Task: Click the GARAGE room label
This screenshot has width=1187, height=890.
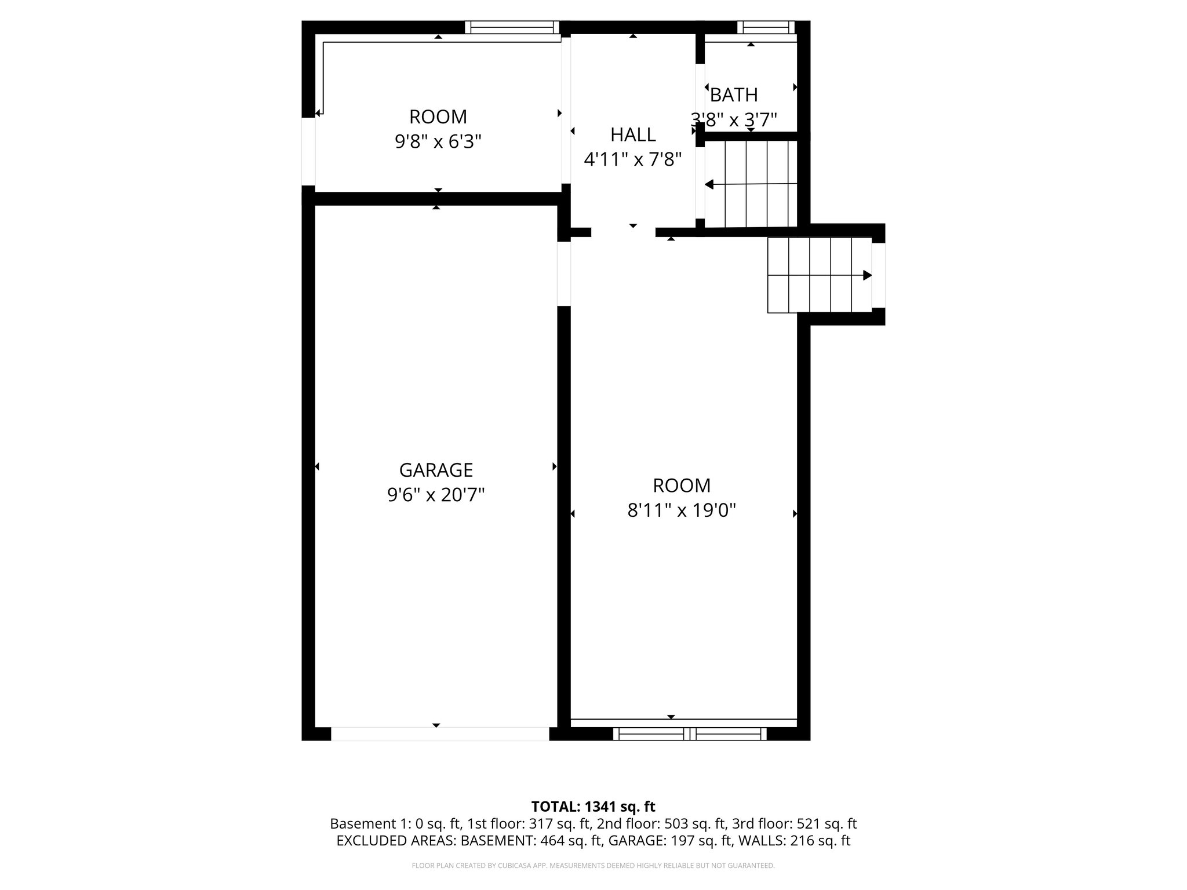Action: click(436, 469)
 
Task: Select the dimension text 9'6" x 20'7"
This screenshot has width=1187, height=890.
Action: click(436, 495)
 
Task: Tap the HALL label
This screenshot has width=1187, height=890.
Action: click(633, 134)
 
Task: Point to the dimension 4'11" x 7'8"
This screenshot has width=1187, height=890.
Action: click(633, 159)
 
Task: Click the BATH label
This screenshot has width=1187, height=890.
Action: click(734, 94)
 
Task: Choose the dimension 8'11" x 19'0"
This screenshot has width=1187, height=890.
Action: click(682, 510)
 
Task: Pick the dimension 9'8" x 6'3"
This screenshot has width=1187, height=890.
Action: click(438, 141)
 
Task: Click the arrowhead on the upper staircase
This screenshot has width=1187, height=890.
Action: click(709, 185)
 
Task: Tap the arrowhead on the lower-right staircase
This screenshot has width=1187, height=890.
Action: click(867, 275)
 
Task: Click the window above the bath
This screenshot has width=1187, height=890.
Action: click(766, 27)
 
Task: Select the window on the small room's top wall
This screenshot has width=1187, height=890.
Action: click(511, 27)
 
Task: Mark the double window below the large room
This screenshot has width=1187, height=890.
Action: click(690, 734)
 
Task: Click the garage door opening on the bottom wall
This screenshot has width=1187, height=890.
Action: click(440, 734)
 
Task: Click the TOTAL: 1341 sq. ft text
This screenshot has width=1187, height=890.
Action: click(593, 807)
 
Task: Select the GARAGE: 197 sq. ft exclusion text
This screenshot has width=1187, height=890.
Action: click(669, 841)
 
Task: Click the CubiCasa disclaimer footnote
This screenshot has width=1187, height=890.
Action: click(593, 866)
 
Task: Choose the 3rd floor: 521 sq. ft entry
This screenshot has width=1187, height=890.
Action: click(794, 824)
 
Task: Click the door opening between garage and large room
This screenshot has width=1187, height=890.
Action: click(564, 273)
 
